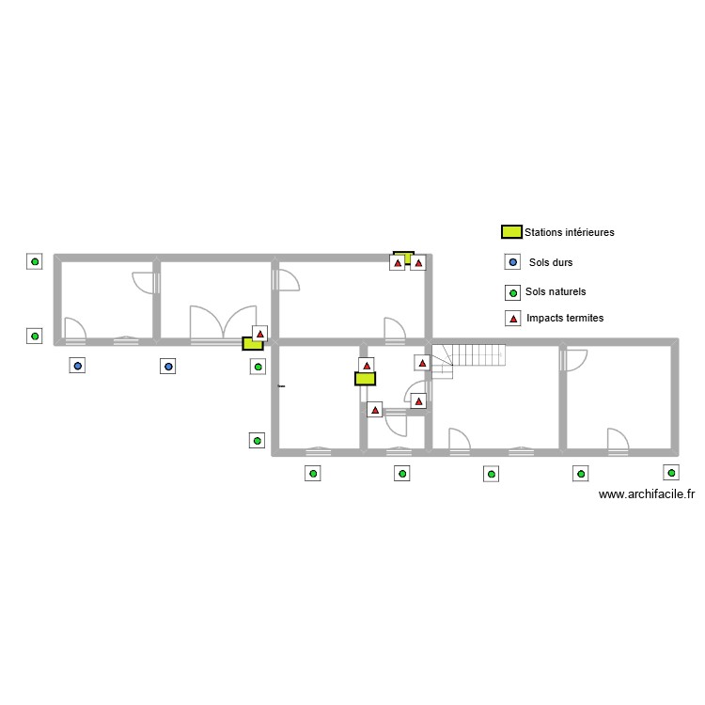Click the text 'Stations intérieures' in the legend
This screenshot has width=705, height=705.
pyautogui.click(x=570, y=232)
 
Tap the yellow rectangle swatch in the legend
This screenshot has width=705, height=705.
pyautogui.click(x=510, y=231)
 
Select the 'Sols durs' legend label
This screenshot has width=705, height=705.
pyautogui.click(x=551, y=263)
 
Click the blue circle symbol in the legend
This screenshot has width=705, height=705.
pyautogui.click(x=512, y=263)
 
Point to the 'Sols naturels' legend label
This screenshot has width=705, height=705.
pyautogui.click(x=556, y=292)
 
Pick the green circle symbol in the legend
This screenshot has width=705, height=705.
pyautogui.click(x=512, y=292)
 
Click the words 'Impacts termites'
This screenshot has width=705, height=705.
pyautogui.click(x=565, y=319)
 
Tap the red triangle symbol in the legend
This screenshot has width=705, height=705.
pyautogui.click(x=512, y=319)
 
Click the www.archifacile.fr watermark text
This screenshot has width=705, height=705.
pyautogui.click(x=646, y=494)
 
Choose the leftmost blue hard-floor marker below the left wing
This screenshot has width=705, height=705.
pyautogui.click(x=78, y=366)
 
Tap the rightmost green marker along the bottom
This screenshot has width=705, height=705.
pyautogui.click(x=671, y=472)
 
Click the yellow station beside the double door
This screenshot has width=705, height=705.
pyautogui.click(x=252, y=344)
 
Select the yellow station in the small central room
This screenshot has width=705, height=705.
pyautogui.click(x=365, y=379)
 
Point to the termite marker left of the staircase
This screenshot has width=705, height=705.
pyautogui.click(x=423, y=362)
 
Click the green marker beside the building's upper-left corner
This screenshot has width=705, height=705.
pyautogui.click(x=35, y=262)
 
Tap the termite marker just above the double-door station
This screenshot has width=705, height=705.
pyautogui.click(x=259, y=333)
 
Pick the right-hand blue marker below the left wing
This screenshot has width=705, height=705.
pyautogui.click(x=168, y=366)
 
